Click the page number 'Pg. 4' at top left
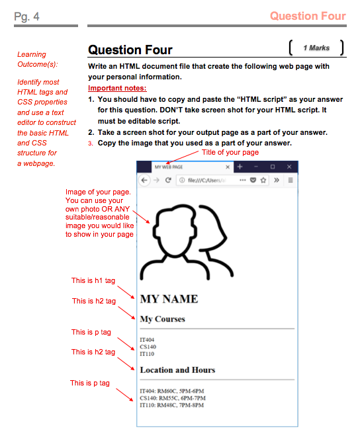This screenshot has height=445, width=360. [26, 17]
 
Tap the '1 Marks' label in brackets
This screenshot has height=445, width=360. [316, 48]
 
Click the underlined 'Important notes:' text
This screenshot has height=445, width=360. [117, 88]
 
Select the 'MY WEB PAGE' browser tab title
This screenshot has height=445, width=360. [169, 167]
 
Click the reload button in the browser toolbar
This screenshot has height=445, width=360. [169, 180]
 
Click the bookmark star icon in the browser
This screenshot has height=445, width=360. [263, 180]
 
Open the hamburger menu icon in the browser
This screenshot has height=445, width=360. [290, 180]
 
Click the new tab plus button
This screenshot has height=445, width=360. [240, 167]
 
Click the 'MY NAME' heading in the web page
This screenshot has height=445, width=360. [169, 299]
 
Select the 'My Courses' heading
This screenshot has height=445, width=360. [162, 319]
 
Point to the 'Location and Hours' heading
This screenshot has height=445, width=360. [177, 370]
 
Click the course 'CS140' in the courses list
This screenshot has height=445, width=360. [148, 346]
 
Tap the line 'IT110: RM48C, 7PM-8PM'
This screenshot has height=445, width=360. [172, 405]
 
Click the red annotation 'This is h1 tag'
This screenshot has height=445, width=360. [93, 281]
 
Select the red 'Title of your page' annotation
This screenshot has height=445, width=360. [230, 152]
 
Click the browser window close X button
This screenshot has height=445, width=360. [289, 167]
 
